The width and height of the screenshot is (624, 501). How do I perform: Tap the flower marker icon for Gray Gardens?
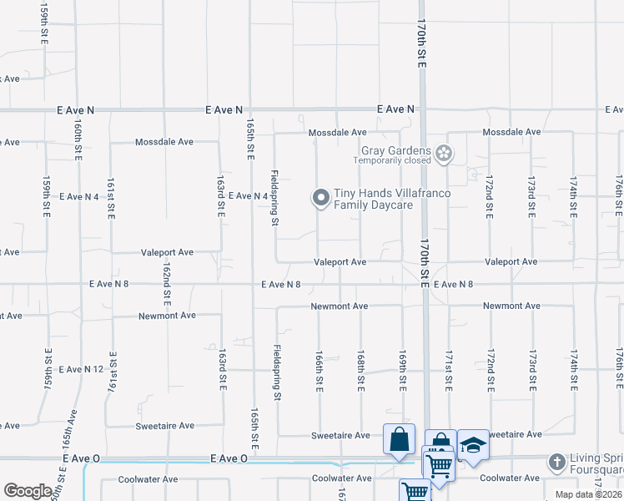[445, 153]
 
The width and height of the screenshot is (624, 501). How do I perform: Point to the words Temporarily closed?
[392, 160]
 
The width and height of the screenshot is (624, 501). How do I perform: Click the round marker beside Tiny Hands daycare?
[320, 198]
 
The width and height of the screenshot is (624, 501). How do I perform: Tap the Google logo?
[28, 490]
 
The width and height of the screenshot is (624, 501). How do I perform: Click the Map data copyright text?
[587, 494]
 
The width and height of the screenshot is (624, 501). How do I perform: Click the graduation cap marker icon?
[473, 445]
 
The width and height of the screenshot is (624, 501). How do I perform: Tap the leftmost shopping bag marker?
[400, 439]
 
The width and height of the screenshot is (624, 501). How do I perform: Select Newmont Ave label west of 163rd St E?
[167, 316]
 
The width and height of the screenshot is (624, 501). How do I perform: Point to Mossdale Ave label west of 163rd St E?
[164, 142]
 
